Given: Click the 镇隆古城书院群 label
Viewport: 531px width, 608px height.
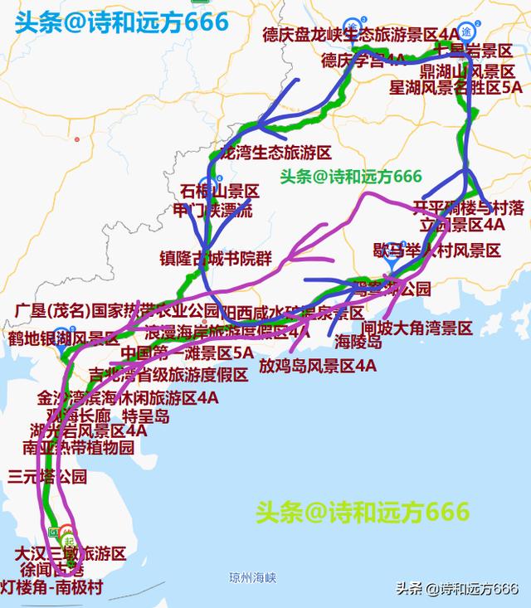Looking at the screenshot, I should coord(216,258).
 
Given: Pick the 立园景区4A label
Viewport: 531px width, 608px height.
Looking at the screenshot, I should coord(461,224).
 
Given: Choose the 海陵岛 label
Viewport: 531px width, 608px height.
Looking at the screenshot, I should coord(358,341).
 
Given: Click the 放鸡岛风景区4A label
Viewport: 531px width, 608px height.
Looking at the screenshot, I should coord(318,365).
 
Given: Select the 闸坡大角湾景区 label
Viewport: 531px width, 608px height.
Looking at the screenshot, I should coord(417,328).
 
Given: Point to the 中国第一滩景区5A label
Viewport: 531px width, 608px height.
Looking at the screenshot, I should coord(186,353).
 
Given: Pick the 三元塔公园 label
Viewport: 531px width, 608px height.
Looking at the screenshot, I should coord(47,476).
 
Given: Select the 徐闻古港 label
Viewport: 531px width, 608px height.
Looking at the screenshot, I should coord(54,570).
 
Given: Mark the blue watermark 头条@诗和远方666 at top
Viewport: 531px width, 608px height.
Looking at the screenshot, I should coord(121,22).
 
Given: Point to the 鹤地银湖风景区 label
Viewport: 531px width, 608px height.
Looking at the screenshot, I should coord(64,338).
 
